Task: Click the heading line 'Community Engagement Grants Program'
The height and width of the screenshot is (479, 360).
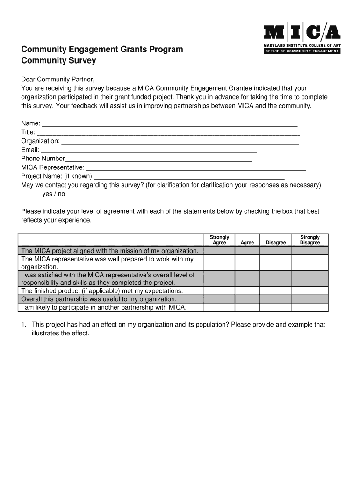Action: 102,50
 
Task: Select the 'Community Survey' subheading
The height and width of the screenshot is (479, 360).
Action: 58,61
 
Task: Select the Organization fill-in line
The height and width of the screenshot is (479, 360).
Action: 180,141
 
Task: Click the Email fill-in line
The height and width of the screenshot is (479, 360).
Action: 149,150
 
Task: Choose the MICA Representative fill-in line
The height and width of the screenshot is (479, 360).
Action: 196,168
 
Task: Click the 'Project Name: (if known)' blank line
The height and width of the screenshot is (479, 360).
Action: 189,177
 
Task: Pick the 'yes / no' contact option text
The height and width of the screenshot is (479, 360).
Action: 54,194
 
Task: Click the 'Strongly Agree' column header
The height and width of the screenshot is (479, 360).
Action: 219,240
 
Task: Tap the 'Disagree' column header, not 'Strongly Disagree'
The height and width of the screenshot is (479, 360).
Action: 276,243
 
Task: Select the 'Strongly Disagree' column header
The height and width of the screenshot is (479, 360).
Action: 310,240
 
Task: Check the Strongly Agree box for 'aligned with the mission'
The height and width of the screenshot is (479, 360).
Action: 219,251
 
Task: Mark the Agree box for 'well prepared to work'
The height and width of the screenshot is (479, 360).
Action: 247,263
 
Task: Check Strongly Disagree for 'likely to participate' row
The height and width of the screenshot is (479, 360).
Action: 310,307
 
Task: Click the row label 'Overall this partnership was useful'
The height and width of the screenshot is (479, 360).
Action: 99,299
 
